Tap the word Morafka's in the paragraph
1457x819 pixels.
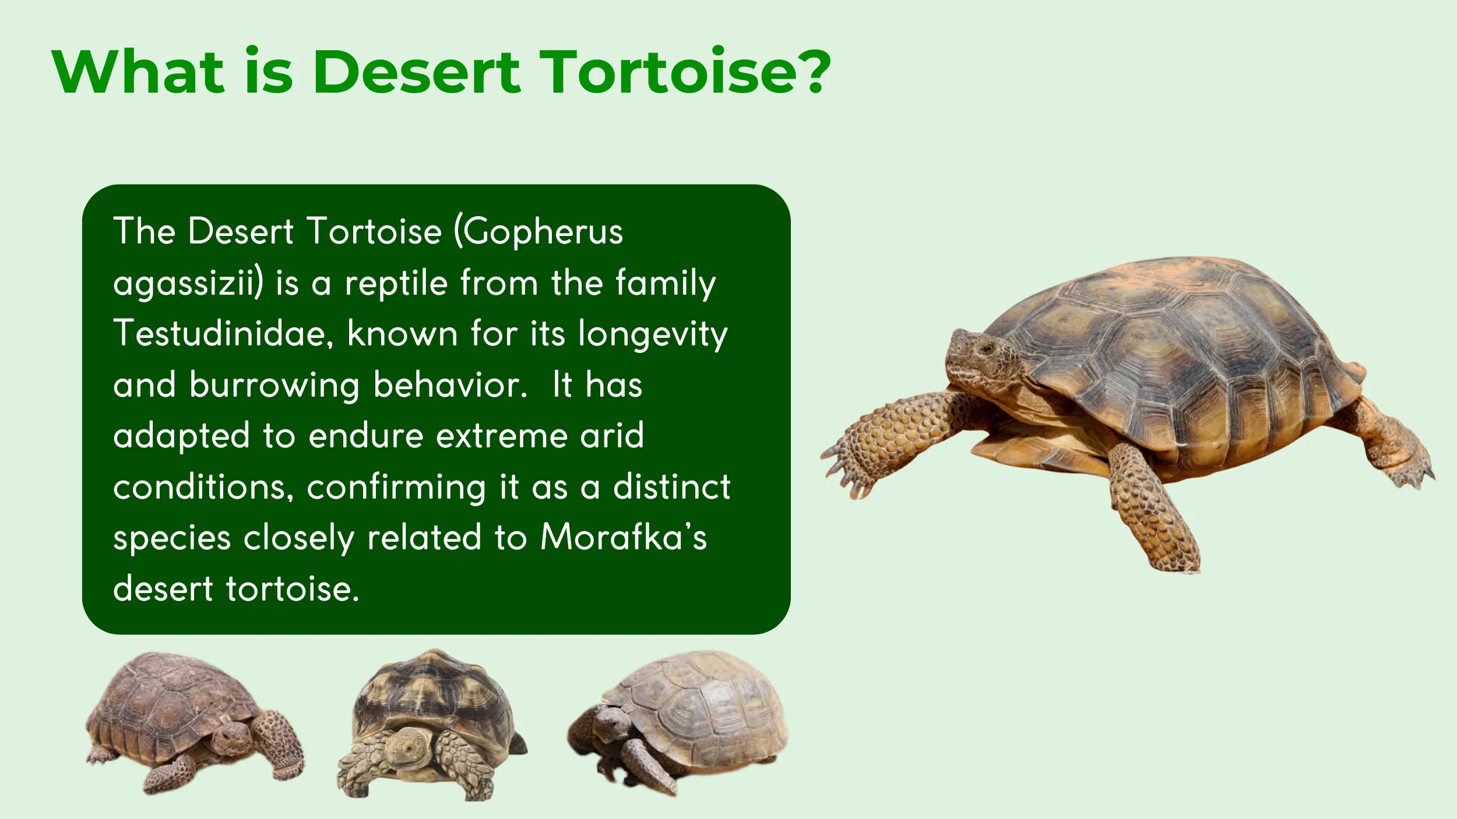(623, 537)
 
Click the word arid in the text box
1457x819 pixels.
(611, 436)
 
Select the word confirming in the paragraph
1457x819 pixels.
(396, 488)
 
